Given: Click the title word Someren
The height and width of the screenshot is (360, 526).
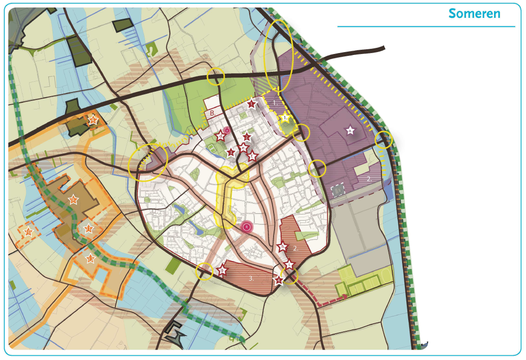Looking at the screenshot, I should click(x=474, y=13).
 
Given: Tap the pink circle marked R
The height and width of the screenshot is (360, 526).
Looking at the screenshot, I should click(x=246, y=227).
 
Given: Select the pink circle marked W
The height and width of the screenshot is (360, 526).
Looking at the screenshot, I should click(x=227, y=130).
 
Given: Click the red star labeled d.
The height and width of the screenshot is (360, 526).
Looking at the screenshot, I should click(x=221, y=137).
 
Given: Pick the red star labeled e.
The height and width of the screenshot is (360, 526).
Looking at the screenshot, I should click(x=242, y=148).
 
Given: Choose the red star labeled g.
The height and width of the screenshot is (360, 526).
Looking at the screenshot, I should click(x=222, y=270).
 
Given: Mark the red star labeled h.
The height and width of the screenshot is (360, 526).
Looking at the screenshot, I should click(x=282, y=247).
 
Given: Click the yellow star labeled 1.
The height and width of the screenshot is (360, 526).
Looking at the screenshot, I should click(x=285, y=118).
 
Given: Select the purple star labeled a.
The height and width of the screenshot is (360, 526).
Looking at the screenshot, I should click(x=350, y=130).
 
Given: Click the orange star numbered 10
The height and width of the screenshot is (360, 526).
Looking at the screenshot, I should click(x=28, y=231).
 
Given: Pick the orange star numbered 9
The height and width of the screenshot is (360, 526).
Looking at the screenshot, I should click(x=93, y=120).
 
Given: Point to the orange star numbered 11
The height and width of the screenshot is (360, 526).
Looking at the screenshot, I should click(x=88, y=229).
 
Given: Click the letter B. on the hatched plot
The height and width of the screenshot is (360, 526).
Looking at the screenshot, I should click(x=213, y=113).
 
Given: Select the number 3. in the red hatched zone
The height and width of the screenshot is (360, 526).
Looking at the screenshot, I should click(x=252, y=278).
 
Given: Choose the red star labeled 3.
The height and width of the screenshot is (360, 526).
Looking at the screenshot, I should click(x=230, y=152).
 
